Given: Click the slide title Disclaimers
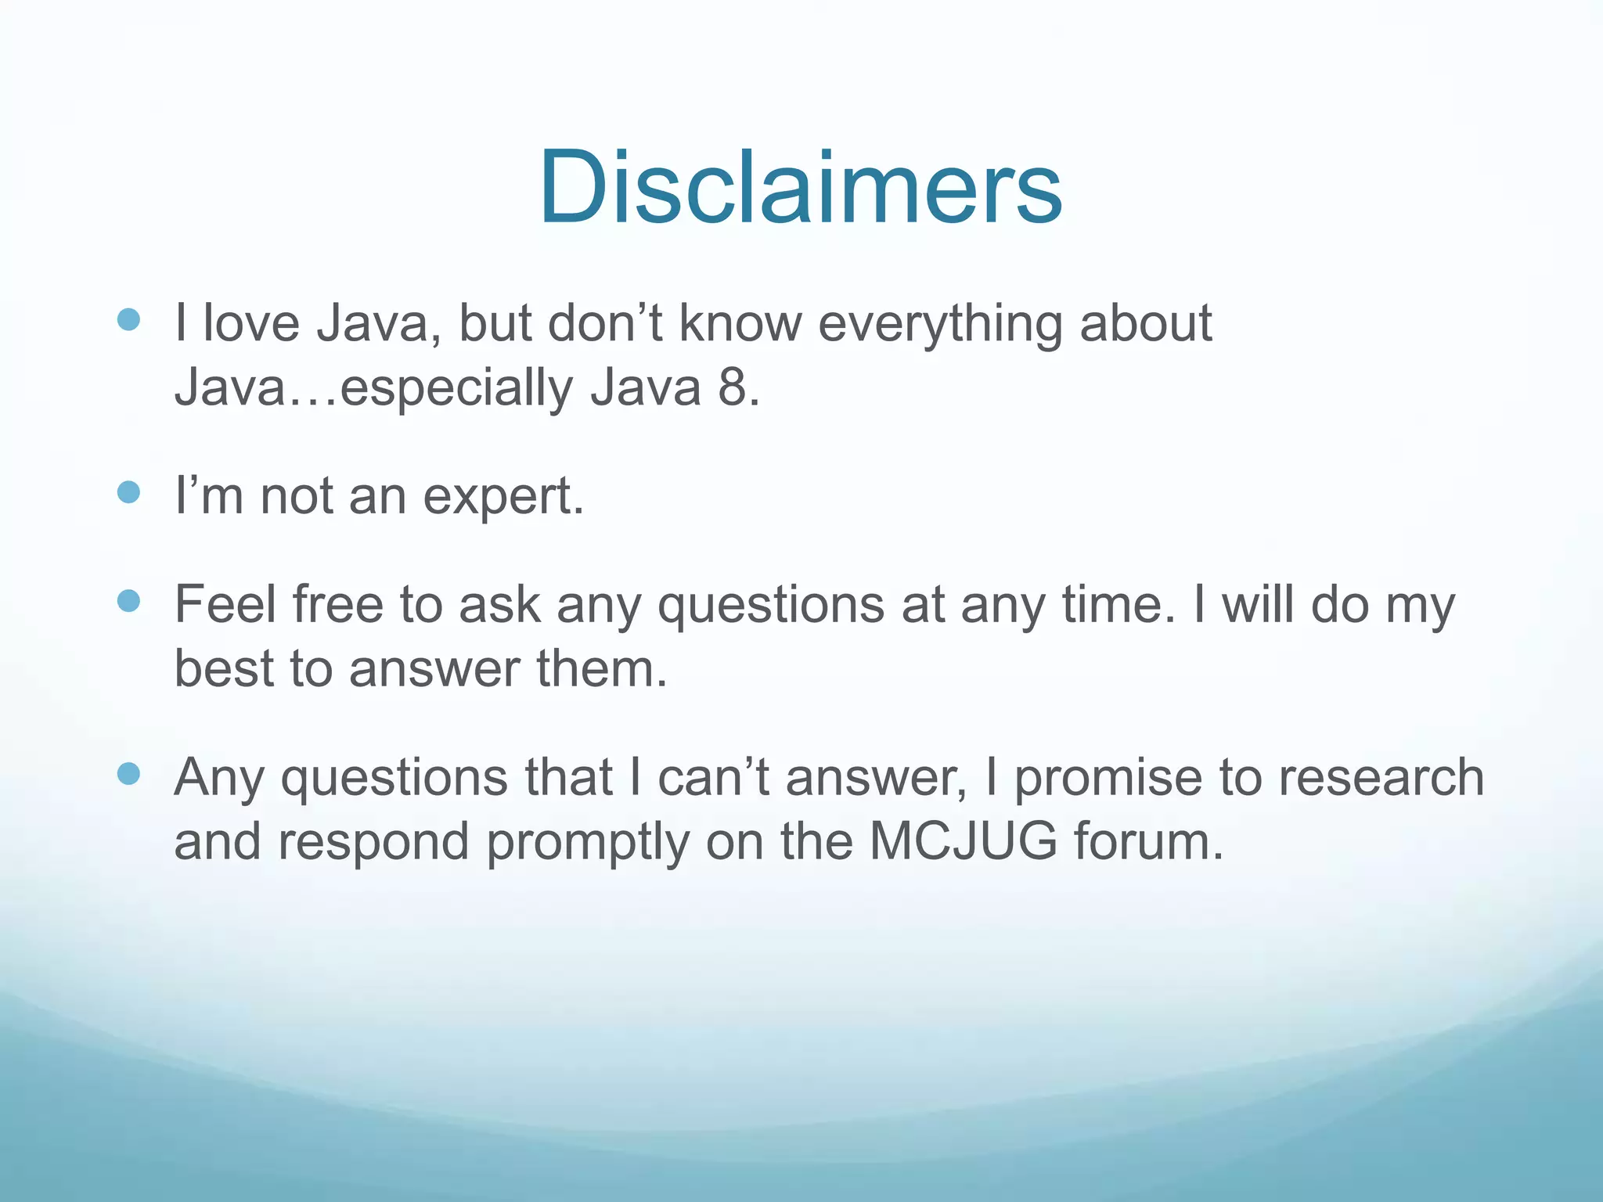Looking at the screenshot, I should pyautogui.click(x=800, y=188).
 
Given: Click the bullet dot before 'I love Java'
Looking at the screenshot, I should pyautogui.click(x=128, y=319).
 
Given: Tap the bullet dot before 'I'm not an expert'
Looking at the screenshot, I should pyautogui.click(x=128, y=492).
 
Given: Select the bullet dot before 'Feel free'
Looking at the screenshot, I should pyautogui.click(x=128, y=601).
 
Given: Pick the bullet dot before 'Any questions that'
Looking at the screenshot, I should pyautogui.click(x=128, y=774).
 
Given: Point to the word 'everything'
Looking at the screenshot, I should pyautogui.click(x=939, y=325).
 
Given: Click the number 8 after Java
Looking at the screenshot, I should pyautogui.click(x=733, y=387).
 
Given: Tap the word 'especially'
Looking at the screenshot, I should pyautogui.click(x=456, y=389).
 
